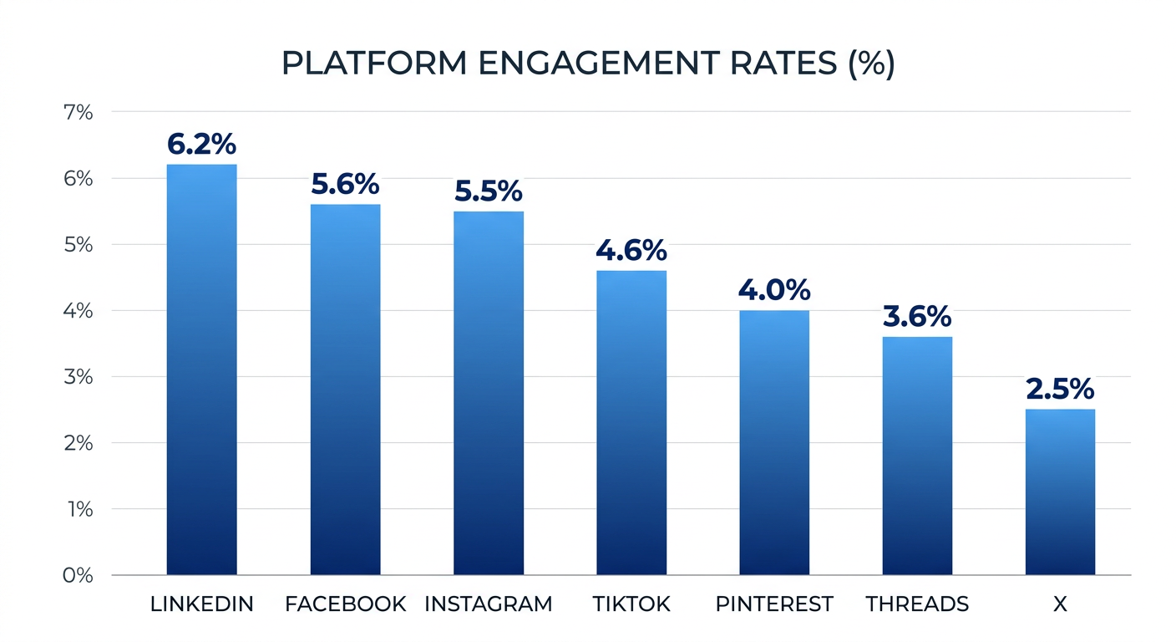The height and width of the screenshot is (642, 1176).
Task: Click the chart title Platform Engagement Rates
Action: pos(587,64)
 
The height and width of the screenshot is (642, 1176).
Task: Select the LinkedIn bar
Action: pos(201,369)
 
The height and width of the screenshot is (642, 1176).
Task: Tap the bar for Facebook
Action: pos(345,390)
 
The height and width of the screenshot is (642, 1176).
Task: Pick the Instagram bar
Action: pos(489,393)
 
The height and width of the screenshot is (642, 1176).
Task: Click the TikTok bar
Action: pos(631,422)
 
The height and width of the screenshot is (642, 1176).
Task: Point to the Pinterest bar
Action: pos(774,442)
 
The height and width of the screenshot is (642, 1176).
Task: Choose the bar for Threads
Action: pos(917,456)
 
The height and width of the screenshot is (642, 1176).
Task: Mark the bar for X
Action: pos(1060,492)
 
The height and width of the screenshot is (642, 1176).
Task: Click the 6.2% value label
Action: pos(201,145)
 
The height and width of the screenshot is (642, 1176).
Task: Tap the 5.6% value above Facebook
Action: pos(345,185)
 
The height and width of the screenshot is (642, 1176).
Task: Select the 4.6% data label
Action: pos(631,250)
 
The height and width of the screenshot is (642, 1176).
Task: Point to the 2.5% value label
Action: pos(1060,390)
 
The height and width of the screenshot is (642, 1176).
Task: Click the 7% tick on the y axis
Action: pos(78,112)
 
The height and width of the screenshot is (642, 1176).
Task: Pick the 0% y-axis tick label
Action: pos(77,575)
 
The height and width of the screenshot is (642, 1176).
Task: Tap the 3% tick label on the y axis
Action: pos(78,377)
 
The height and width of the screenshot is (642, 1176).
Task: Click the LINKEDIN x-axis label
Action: pos(201,604)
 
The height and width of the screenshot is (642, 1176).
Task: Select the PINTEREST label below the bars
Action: pos(774,604)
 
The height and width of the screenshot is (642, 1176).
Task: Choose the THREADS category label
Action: pos(917,604)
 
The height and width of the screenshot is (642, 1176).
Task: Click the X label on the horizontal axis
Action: pos(1060,604)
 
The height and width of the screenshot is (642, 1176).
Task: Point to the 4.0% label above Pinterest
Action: pos(774,291)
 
